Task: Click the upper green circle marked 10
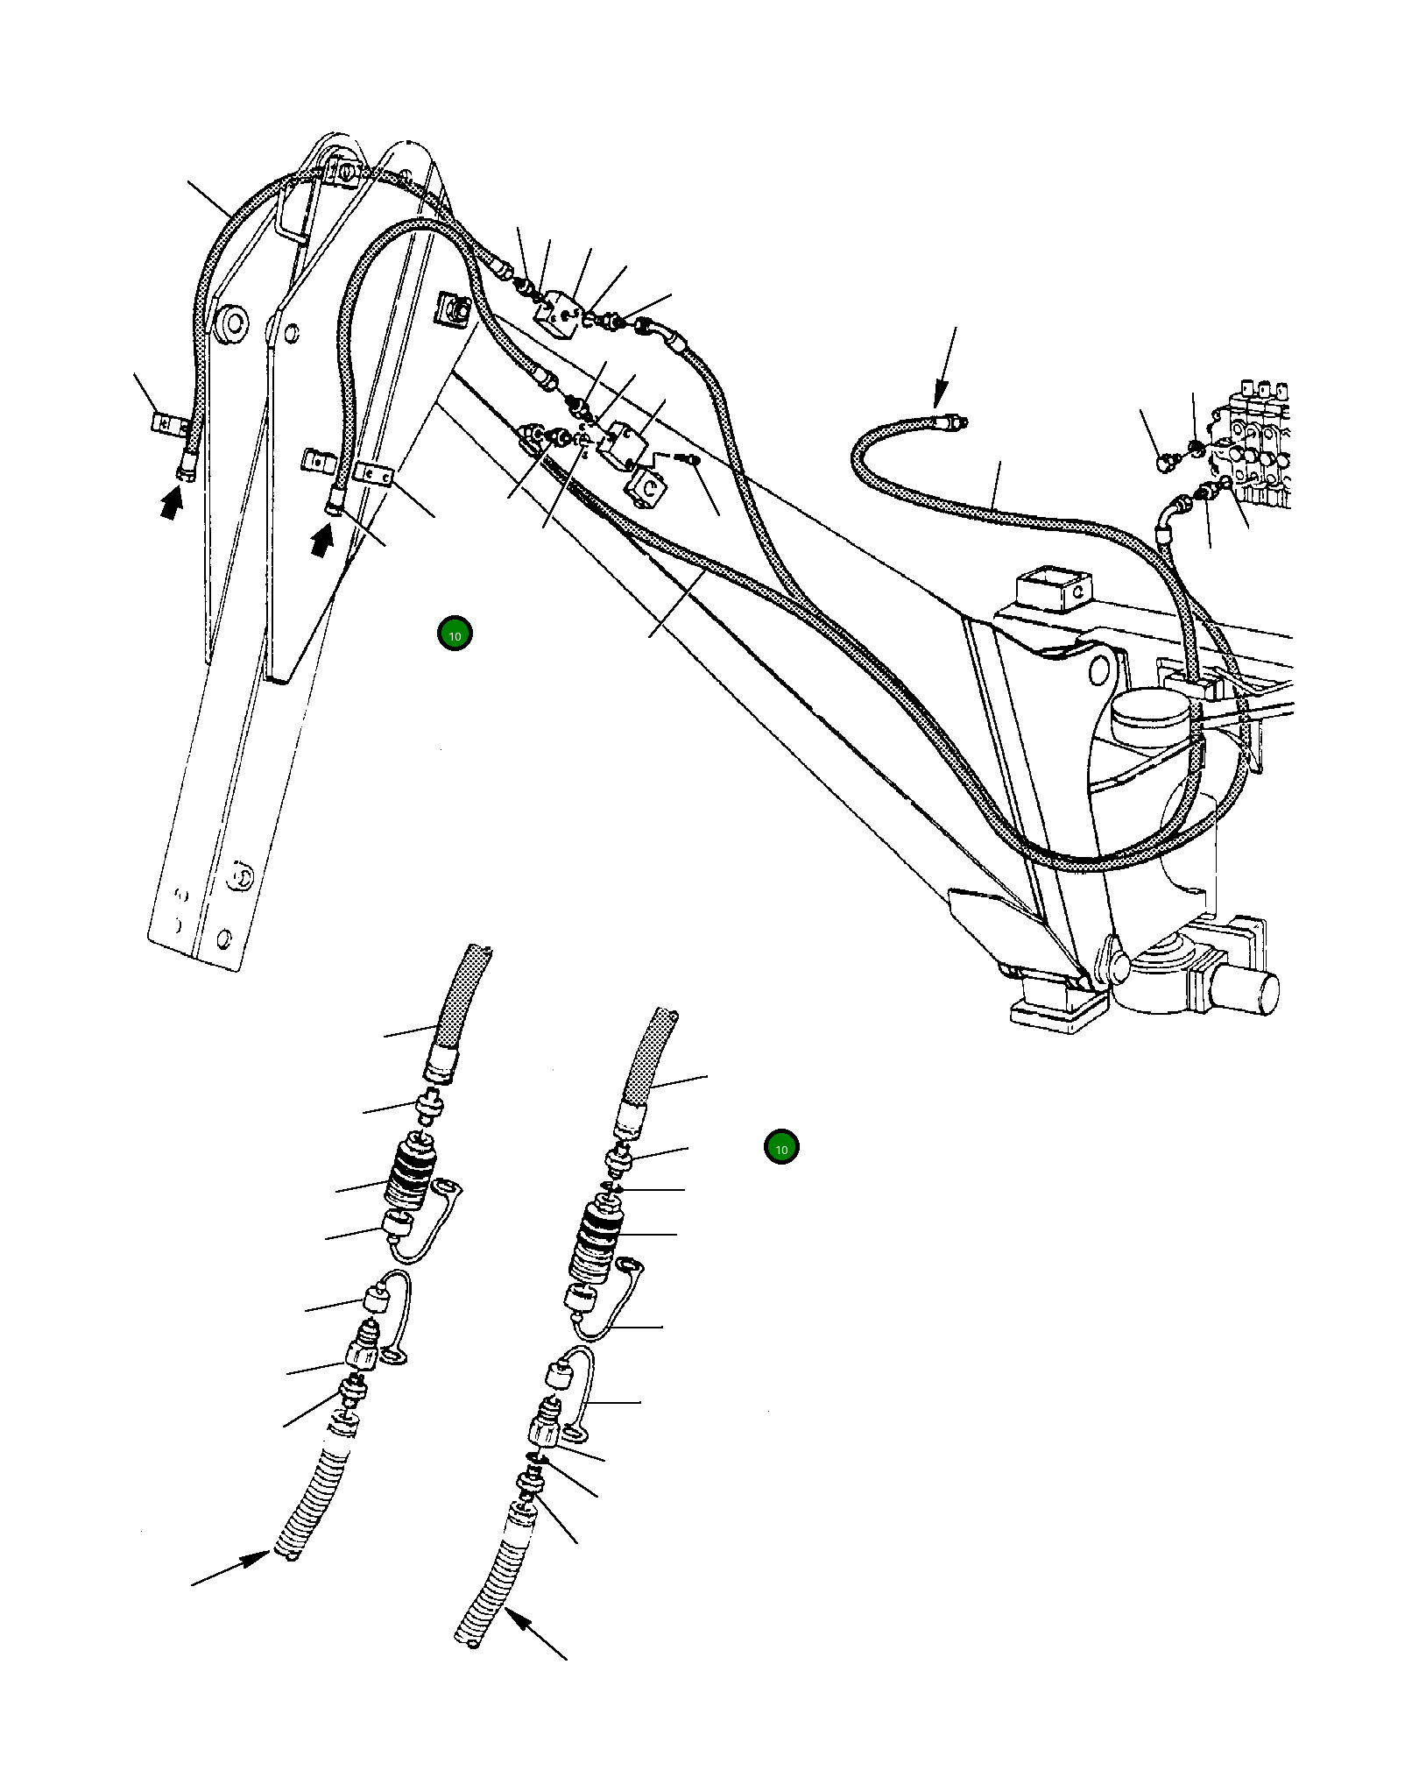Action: point(455,634)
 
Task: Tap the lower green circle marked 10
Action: point(781,1148)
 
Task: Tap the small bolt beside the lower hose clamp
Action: point(689,458)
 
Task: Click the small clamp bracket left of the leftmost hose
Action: point(166,423)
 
